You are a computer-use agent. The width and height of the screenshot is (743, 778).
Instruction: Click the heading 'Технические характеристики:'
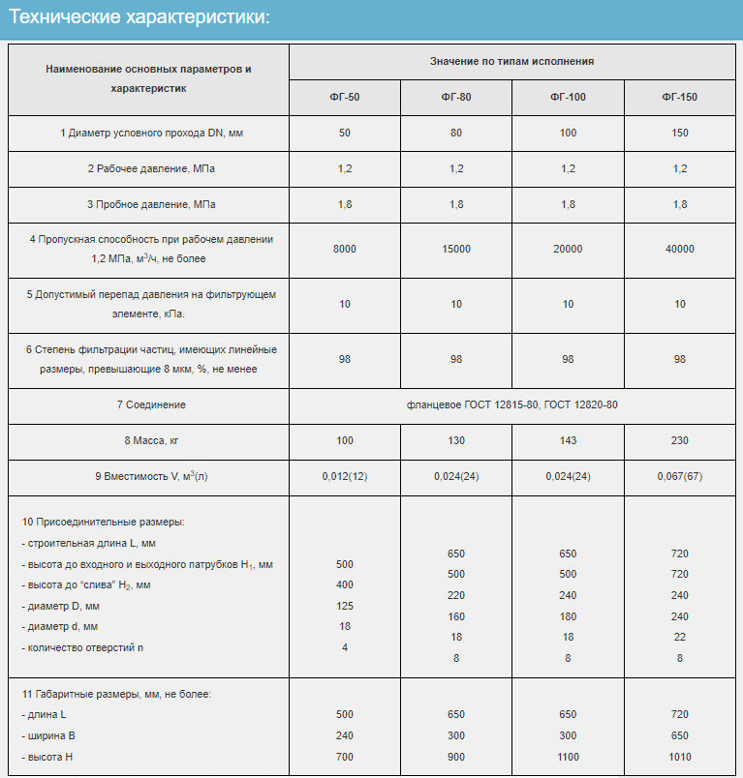[x=139, y=18]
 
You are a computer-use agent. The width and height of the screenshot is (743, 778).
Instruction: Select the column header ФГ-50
[x=344, y=98]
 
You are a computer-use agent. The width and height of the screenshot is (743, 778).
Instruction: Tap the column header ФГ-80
[x=456, y=98]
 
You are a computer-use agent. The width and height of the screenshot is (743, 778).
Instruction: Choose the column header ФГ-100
[x=568, y=98]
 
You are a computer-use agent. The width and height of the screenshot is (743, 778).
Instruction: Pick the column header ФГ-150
[x=679, y=98]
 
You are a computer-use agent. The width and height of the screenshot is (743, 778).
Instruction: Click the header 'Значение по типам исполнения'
[x=511, y=61]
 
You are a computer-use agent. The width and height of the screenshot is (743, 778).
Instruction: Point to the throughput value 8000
[x=344, y=250]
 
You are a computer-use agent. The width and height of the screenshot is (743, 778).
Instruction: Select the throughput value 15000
[x=456, y=250]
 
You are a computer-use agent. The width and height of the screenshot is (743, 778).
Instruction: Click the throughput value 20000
[x=568, y=250]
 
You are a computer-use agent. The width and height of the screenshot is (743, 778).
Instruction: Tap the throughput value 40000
[x=679, y=250]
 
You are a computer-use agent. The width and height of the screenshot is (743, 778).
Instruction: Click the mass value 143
[x=568, y=441]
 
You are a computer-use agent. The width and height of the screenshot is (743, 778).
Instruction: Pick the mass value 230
[x=679, y=441]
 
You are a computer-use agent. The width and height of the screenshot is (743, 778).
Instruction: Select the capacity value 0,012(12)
[x=344, y=477]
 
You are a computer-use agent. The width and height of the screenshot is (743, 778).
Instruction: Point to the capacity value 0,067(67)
[x=679, y=477]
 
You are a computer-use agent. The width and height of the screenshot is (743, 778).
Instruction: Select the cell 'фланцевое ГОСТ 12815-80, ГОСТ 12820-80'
[x=511, y=404]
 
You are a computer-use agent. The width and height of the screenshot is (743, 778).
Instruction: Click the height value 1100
[x=568, y=757]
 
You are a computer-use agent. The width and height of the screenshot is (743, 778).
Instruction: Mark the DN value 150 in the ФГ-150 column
[x=679, y=133]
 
